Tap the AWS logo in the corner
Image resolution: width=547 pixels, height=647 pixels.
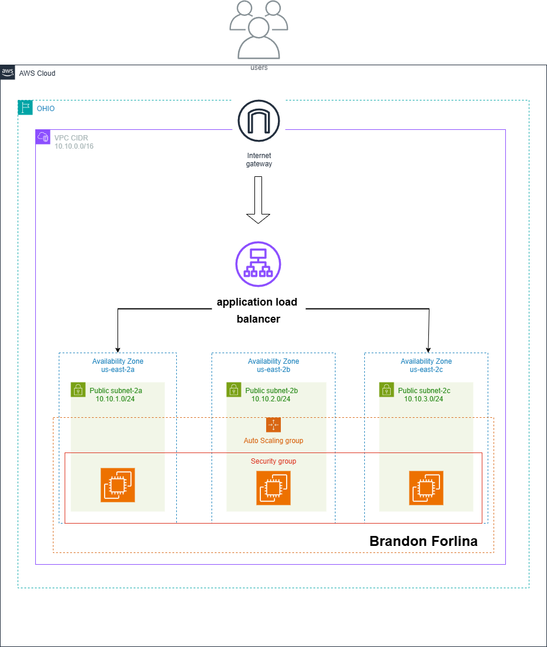pos(8,72)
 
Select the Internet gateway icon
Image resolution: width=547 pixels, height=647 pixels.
pos(259,121)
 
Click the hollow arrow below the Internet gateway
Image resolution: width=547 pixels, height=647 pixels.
pos(258,200)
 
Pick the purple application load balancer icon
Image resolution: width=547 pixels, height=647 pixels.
pos(258,264)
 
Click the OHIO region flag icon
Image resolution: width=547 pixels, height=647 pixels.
pos(25,108)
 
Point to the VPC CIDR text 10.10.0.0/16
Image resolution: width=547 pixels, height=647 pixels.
pos(73,146)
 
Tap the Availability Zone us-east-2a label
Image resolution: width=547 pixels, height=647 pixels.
pos(118,366)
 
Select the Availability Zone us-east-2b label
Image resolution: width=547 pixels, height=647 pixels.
pos(273,366)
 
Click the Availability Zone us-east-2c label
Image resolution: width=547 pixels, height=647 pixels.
pos(426,366)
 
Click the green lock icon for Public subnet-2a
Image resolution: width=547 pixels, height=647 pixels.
pos(78,390)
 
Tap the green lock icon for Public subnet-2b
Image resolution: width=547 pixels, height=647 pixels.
pos(234,390)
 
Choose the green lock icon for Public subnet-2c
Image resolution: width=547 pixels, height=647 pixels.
pos(387,390)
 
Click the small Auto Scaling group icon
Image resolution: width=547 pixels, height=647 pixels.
pos(273,425)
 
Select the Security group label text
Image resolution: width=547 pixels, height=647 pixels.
pos(273,461)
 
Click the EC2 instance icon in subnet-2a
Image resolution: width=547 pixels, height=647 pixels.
pos(118,485)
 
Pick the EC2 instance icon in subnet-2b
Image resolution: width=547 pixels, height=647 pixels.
pos(273,488)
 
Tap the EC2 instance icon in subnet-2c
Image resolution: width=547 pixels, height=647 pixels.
pos(426,488)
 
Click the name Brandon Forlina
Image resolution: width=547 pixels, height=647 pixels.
pos(423,541)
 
